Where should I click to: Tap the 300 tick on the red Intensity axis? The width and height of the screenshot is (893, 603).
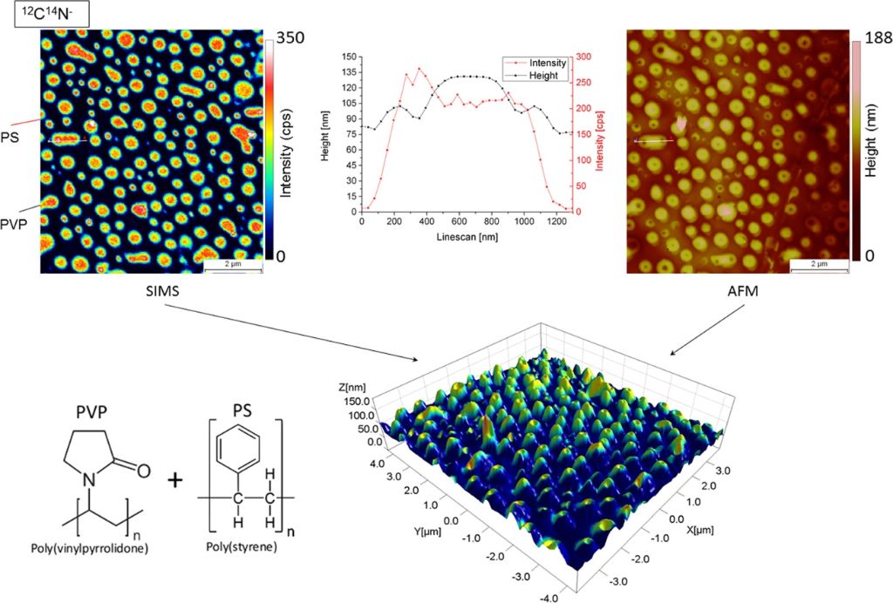[x=582, y=57]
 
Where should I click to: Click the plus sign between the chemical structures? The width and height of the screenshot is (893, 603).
[x=176, y=479]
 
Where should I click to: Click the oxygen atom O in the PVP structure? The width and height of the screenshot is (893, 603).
[x=142, y=471]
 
